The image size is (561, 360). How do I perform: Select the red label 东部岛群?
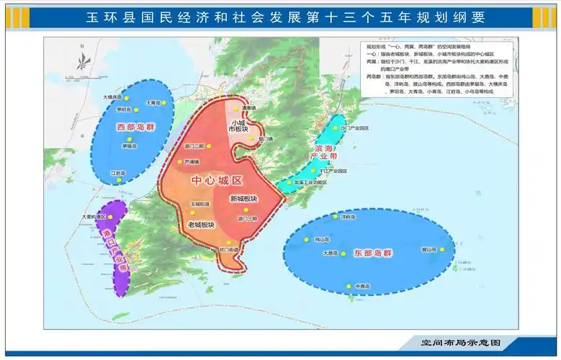373,253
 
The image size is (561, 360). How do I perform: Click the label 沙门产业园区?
354,127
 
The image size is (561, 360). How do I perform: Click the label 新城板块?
243,199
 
